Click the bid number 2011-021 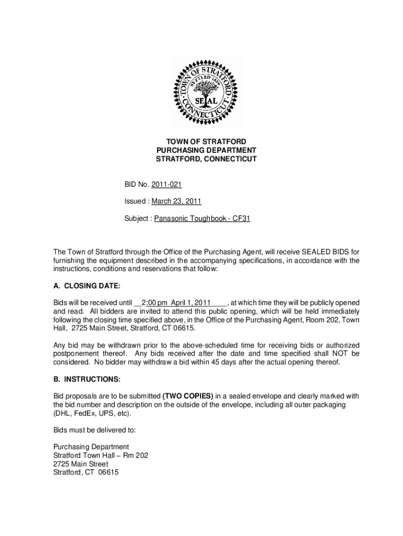(x=166, y=185)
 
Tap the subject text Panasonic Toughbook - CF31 (x=202, y=218)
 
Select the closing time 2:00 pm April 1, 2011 (x=176, y=303)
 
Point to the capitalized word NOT (x=338, y=353)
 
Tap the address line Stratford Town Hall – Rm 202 (x=100, y=455)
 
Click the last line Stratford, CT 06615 (x=86, y=473)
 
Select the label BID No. (x=137, y=185)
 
